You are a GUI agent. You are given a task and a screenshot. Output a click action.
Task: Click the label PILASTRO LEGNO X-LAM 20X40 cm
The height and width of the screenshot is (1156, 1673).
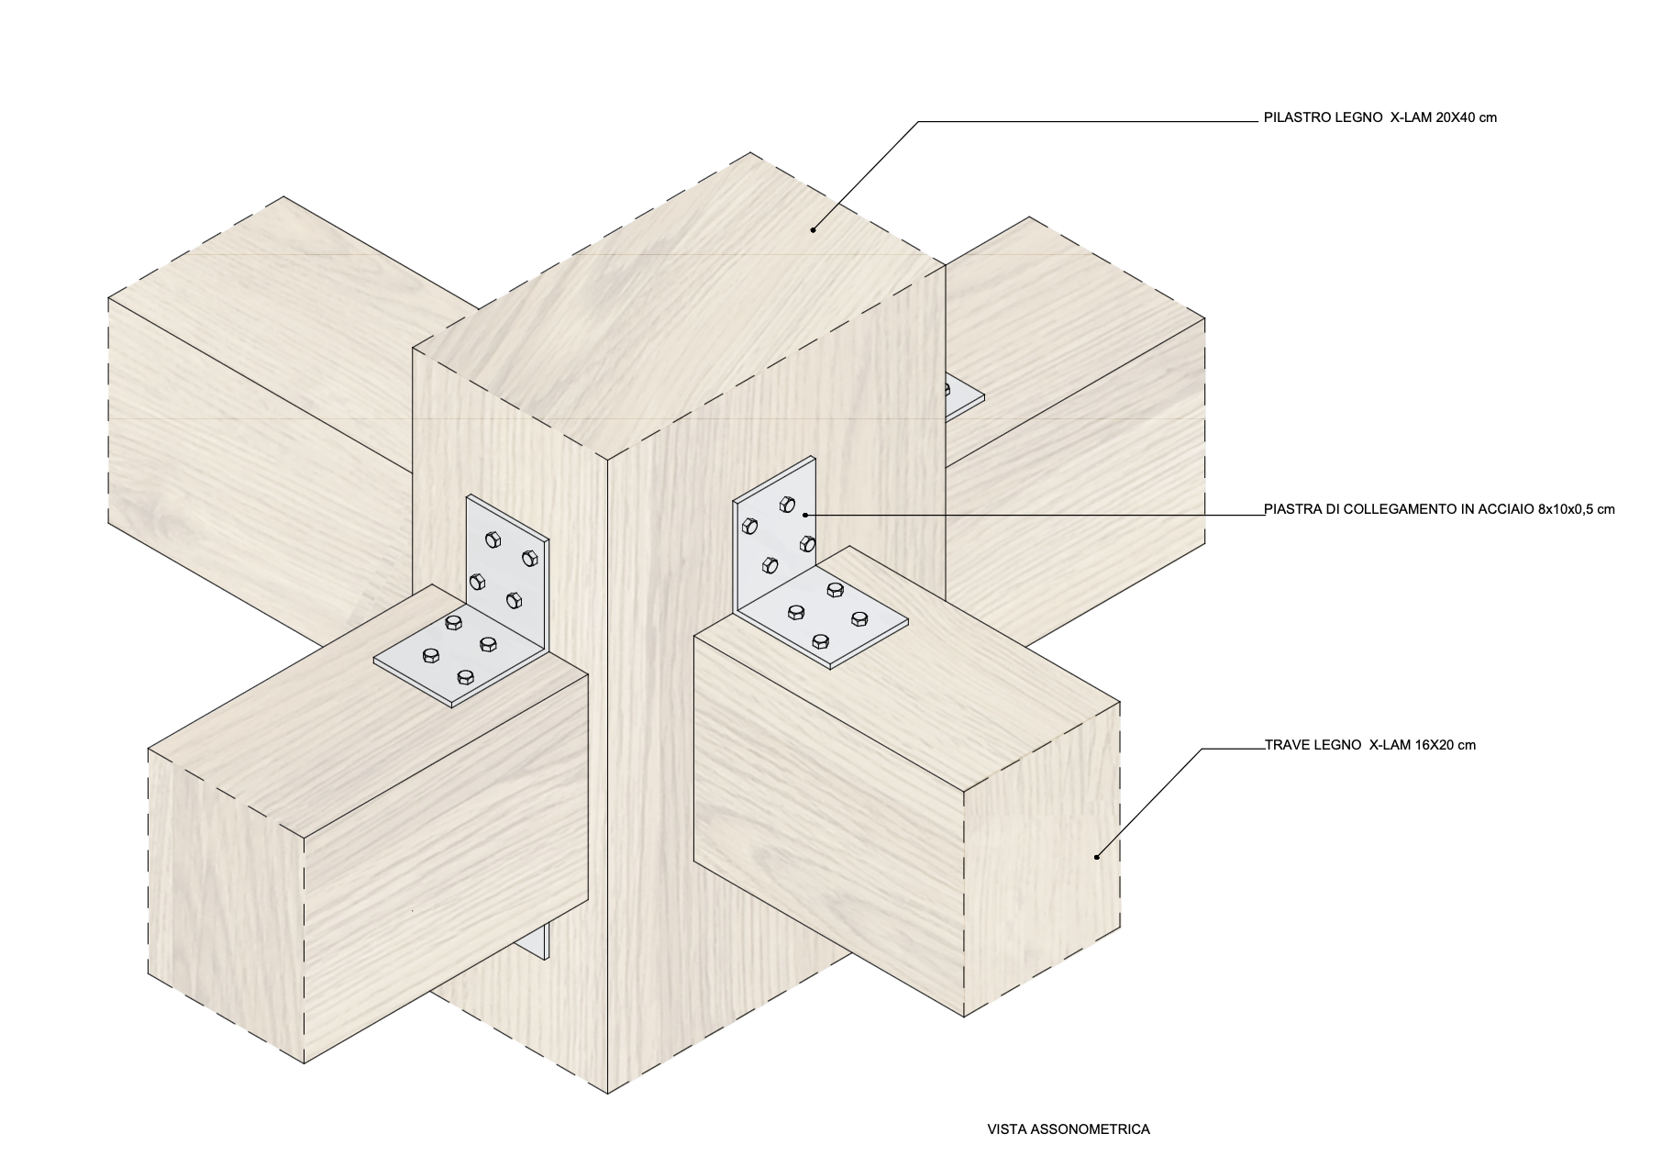pos(1379,117)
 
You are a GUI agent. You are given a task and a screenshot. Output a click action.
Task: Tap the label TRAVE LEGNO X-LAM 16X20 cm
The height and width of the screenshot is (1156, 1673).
pos(1370,745)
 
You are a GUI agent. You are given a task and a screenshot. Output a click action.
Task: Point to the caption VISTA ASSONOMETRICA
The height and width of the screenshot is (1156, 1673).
pos(1069,1129)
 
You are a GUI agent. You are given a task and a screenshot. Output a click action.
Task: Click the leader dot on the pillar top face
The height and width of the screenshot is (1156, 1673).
pos(813,230)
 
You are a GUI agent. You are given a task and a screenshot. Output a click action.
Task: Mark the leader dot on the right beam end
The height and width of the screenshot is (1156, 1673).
pos(1097,857)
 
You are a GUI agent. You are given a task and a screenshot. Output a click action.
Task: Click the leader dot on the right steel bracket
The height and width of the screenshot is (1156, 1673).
pos(804,515)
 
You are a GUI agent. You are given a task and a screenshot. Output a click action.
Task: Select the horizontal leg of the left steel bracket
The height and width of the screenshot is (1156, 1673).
pos(459,657)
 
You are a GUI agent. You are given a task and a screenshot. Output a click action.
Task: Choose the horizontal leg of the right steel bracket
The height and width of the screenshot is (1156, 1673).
pos(823,615)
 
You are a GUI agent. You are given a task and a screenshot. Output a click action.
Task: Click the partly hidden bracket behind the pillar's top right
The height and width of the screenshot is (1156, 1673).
pos(963,395)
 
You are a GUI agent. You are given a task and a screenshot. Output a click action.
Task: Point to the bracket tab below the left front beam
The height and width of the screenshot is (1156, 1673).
pos(540,940)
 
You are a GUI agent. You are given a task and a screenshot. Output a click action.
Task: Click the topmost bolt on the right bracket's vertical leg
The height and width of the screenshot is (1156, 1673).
pos(787,503)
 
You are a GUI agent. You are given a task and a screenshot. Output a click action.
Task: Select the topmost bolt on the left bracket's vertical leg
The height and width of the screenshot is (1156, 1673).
pos(493,539)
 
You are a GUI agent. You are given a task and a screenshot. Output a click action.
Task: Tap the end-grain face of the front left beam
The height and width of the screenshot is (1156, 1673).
pos(226,905)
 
